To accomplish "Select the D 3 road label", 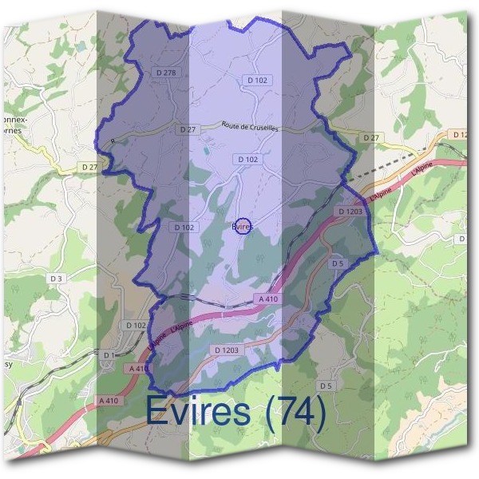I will click(x=57, y=278).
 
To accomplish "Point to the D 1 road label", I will click(x=109, y=354).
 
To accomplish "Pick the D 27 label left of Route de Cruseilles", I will click(x=188, y=129).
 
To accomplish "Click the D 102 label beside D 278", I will click(x=256, y=80).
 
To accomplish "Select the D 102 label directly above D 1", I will click(x=136, y=326).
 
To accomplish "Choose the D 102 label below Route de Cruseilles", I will click(x=247, y=160).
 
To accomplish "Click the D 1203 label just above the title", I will click(x=228, y=350).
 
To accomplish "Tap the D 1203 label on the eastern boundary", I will click(x=351, y=212).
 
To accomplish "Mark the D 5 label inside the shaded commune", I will click(x=336, y=263).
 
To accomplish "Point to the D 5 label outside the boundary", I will click(x=325, y=386).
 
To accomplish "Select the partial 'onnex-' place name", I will click(x=16, y=120).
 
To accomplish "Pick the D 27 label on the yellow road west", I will click(x=89, y=166).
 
